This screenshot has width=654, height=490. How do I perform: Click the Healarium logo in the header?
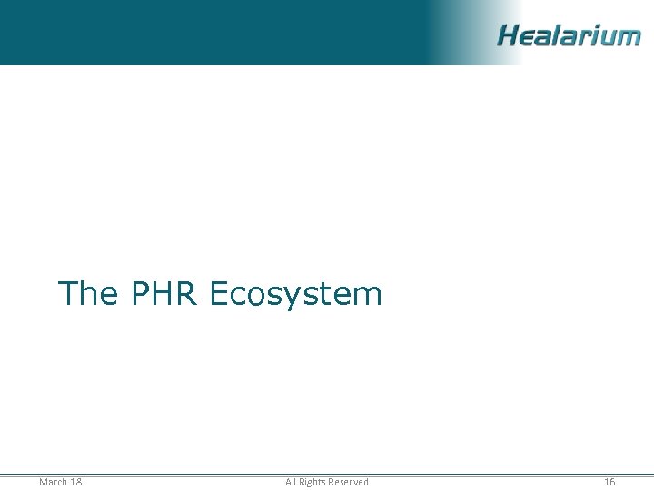click(569, 35)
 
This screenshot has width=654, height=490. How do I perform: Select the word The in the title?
click(87, 294)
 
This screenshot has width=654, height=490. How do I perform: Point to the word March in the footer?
click(53, 482)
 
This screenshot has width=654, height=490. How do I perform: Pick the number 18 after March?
click(75, 482)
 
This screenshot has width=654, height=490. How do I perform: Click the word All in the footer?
click(291, 482)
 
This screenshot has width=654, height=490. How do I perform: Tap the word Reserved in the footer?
click(349, 482)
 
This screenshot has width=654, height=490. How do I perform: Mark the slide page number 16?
click(609, 482)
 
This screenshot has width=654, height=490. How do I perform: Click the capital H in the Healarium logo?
click(509, 35)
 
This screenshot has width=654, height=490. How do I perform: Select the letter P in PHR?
click(141, 294)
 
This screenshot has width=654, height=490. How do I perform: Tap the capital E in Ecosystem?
click(218, 294)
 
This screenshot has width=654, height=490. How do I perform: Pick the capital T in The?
click(68, 294)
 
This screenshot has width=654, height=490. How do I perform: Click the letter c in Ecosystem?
click(240, 296)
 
